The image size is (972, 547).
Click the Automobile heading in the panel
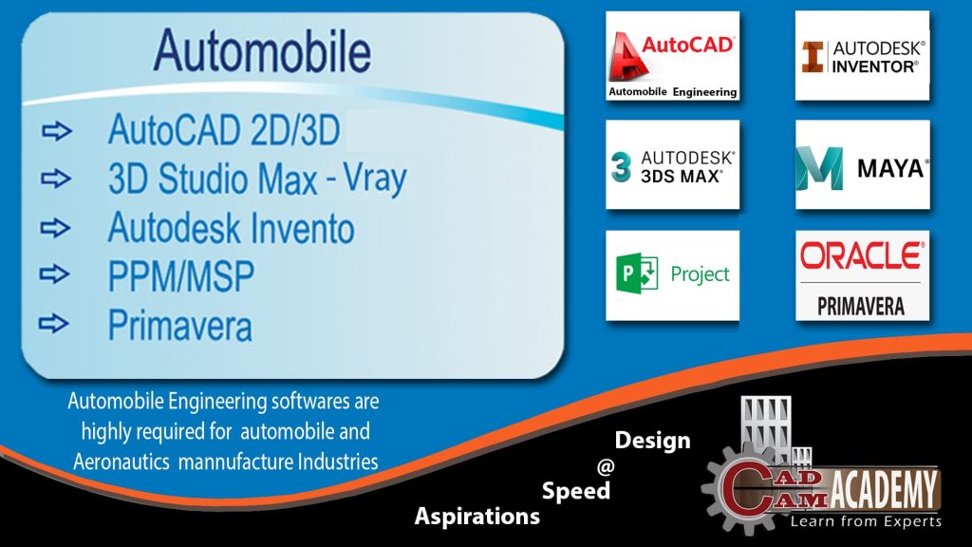point(263,48)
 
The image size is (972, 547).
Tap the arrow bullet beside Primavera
point(56,324)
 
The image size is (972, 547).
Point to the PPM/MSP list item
point(181,276)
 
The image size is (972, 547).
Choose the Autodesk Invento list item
point(231,228)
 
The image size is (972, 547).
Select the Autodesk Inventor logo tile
point(862,56)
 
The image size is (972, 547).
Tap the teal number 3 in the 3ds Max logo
point(622,166)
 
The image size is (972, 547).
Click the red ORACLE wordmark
point(861,255)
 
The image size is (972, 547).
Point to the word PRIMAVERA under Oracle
point(861,306)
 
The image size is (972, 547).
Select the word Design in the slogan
point(653,441)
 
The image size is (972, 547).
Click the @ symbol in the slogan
point(604,466)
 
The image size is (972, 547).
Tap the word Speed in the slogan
point(575,491)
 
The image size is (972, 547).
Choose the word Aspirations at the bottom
point(477,517)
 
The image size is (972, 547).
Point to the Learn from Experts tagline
point(866,521)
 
